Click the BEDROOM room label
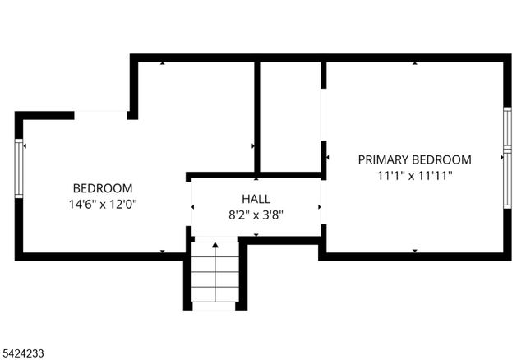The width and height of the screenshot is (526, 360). pos(103,187)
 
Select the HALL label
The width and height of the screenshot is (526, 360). pos(256,199)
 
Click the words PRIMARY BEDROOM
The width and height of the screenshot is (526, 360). pos(414,159)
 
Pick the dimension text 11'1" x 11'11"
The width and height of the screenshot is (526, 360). pos(414,175)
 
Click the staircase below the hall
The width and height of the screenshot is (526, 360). pos(215,275)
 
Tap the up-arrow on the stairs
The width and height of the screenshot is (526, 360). pos(215,245)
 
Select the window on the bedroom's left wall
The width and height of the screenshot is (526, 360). pos(19,168)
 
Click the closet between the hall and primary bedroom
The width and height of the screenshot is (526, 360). pos(289,115)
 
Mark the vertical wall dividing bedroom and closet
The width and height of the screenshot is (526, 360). pos(257,115)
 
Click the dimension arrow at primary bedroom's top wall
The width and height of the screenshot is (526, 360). pos(414,62)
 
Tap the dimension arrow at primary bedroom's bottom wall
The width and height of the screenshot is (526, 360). pos(414,252)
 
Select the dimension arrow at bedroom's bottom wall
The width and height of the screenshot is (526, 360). pos(162,252)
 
